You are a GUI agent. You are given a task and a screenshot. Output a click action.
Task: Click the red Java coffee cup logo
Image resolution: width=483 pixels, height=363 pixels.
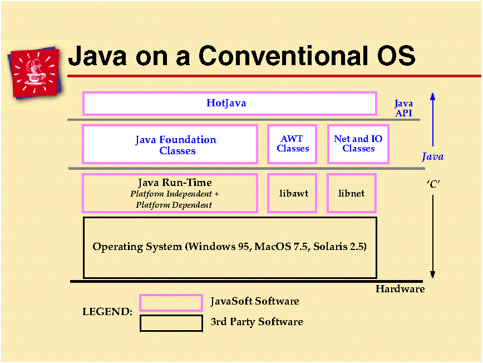(x=35, y=73)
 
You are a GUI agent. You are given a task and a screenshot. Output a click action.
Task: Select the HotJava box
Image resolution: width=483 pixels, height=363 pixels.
(x=230, y=104)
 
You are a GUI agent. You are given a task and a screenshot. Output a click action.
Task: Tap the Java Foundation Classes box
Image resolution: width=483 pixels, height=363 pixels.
(x=170, y=144)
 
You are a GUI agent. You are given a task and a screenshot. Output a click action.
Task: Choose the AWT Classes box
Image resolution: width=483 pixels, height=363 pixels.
(x=292, y=144)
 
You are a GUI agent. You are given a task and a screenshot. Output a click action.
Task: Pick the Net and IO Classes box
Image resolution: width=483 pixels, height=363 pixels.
(x=358, y=144)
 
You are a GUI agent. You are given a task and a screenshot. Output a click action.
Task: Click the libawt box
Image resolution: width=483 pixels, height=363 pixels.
(x=292, y=193)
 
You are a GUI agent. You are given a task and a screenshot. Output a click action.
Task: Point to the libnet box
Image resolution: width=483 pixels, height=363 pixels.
(x=352, y=193)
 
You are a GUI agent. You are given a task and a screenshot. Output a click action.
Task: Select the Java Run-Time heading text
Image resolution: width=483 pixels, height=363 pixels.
(x=175, y=183)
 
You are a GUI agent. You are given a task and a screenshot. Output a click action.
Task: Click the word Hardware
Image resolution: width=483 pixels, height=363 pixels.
(x=400, y=289)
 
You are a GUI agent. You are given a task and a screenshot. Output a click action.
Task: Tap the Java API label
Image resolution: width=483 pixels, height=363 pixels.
(x=403, y=108)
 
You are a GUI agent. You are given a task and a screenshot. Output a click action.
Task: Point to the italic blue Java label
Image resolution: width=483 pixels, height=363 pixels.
(x=433, y=157)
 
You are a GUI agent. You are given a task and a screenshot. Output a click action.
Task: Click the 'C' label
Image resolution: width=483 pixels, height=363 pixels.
(x=433, y=184)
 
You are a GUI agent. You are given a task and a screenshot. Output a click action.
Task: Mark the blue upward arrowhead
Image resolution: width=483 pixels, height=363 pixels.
(x=433, y=97)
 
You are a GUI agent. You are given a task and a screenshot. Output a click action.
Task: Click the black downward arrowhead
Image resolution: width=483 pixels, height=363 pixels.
(x=433, y=274)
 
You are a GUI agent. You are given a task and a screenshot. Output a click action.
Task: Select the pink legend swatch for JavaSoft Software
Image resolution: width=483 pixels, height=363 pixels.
(x=171, y=303)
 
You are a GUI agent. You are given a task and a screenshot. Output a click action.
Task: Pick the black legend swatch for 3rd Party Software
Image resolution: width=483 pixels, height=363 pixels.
(x=171, y=323)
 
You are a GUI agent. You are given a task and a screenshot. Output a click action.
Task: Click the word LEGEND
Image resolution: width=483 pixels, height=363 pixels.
(x=107, y=312)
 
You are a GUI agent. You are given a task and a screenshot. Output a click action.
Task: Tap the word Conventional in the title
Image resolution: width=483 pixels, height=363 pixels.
(x=283, y=56)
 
